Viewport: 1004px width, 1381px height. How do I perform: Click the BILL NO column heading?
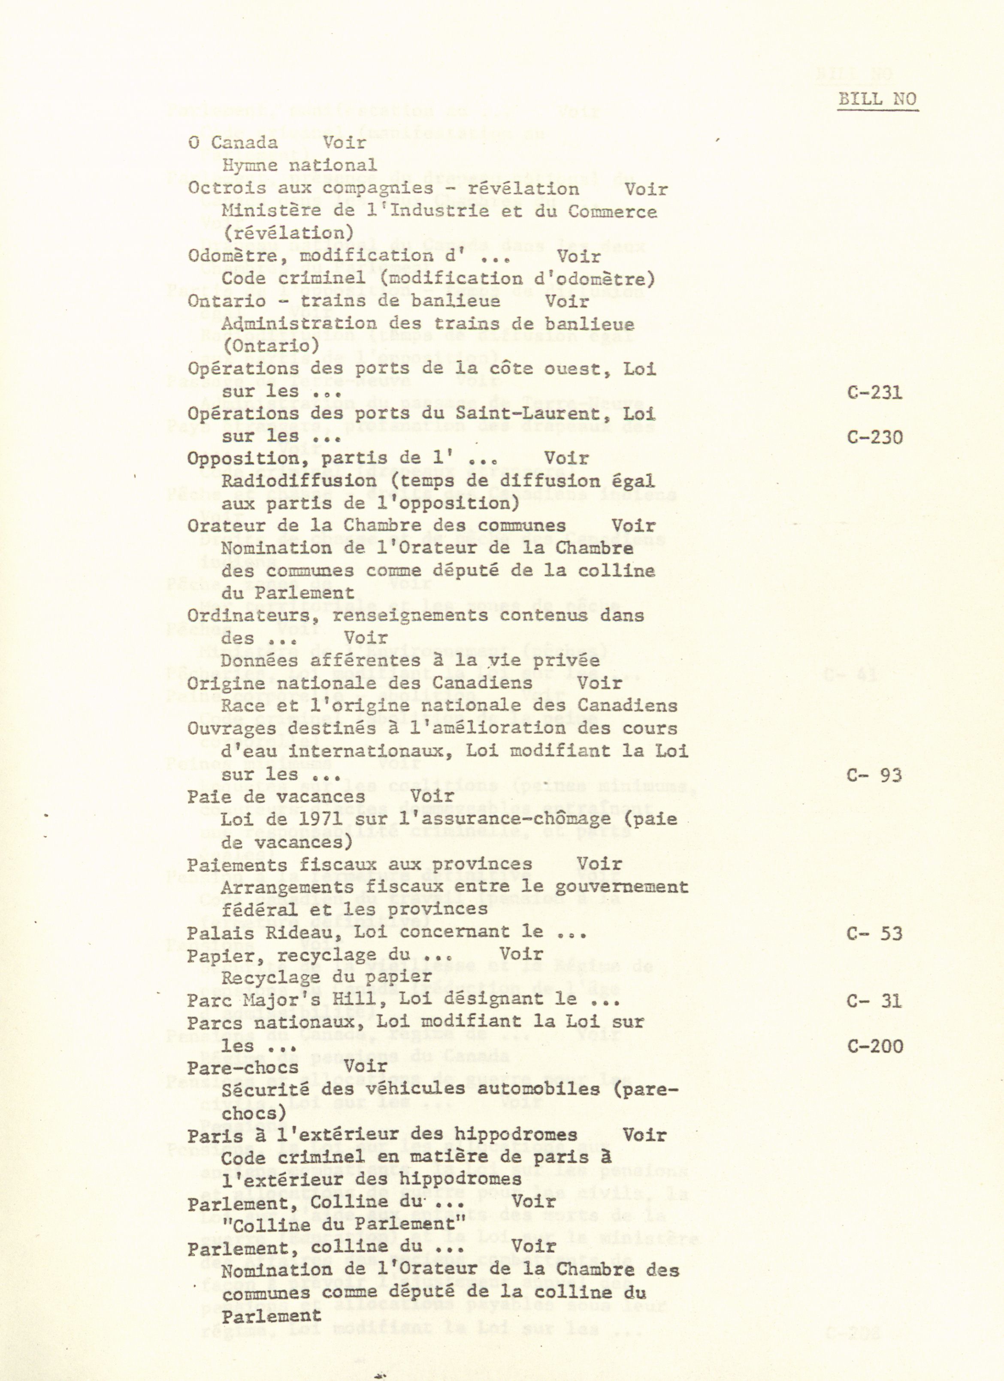pos(877,99)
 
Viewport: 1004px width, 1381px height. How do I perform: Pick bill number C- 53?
pos(875,933)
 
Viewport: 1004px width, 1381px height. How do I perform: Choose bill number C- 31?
pos(875,1001)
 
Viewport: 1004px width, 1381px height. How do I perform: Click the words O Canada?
pos(233,143)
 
